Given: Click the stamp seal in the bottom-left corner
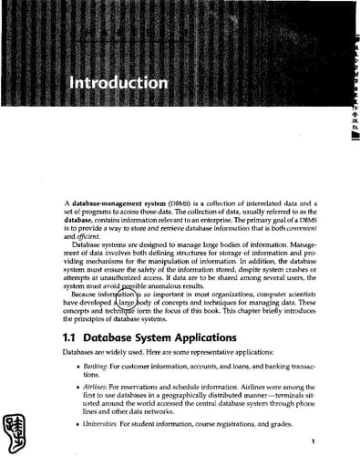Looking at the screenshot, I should pos(18,426).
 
